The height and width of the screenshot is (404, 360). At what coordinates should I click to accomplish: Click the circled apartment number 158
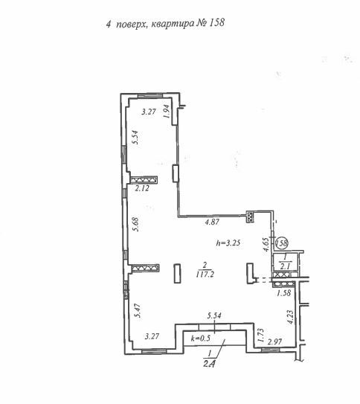282,243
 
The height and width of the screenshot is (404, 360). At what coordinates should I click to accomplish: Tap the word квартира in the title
173,23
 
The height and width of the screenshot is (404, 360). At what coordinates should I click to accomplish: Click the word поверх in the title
131,25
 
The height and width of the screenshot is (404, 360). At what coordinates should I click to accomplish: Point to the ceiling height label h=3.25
228,243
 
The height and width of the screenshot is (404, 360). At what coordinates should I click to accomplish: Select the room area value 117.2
205,275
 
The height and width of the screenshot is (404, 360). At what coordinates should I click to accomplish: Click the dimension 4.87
212,222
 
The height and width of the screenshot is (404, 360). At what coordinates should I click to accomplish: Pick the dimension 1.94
167,112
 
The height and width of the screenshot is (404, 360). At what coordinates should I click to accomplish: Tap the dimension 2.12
142,188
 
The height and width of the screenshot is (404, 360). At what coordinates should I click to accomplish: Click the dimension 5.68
135,225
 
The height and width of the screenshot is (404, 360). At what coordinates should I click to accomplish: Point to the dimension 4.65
266,245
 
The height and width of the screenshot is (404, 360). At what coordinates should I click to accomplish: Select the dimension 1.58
284,292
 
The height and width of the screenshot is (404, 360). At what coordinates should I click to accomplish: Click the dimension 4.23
290,317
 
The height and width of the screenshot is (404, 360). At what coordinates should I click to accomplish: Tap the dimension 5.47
138,310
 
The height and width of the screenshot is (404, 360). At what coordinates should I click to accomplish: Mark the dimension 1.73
260,336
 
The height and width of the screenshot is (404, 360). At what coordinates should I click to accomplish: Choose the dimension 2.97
274,342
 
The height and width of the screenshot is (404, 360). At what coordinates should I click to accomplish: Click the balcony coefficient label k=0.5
201,338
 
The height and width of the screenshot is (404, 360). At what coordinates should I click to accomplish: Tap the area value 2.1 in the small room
285,266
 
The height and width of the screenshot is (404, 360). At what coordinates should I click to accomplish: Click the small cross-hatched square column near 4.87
250,217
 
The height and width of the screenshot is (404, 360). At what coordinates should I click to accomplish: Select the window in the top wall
150,96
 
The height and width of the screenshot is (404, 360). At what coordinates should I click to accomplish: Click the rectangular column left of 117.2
177,273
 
